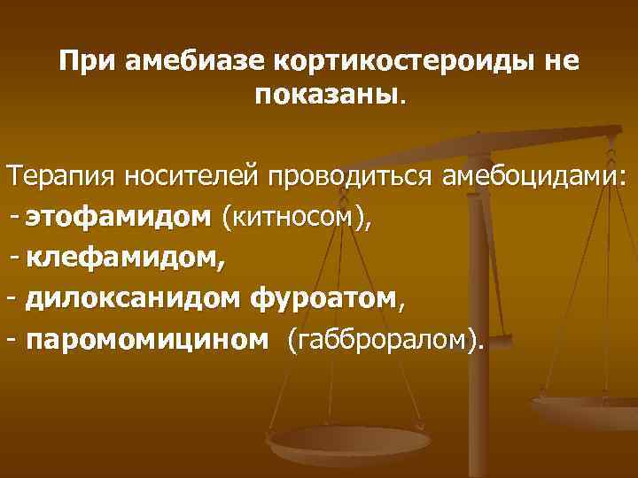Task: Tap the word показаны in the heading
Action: pos(326,94)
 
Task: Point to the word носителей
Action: pos(191,174)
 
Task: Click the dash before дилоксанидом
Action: pos(12,298)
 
